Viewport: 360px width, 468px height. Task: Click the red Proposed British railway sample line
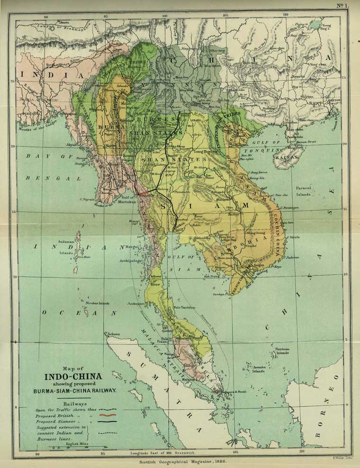click(x=108, y=414)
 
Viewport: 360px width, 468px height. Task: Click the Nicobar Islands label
click(x=98, y=303)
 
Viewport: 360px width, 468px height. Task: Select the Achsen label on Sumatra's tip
click(x=113, y=334)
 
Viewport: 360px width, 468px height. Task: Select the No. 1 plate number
click(x=342, y=6)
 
